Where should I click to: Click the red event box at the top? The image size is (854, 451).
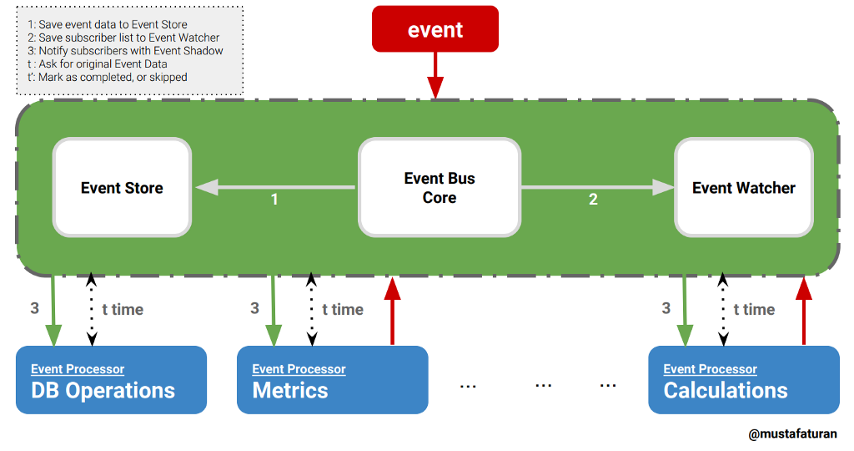(x=435, y=30)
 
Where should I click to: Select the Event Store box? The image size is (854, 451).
(x=122, y=188)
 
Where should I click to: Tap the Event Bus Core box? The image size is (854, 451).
(x=440, y=188)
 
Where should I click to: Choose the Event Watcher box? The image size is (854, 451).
(x=743, y=188)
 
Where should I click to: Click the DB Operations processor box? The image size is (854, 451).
(x=110, y=380)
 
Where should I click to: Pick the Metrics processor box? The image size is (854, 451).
(x=332, y=380)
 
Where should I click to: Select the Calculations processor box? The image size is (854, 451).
(x=743, y=380)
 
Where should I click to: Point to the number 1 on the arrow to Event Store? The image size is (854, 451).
(x=274, y=200)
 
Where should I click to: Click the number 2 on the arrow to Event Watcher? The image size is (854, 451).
(x=593, y=200)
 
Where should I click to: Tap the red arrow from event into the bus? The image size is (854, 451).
(x=435, y=77)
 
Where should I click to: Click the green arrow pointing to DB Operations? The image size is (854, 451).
(x=54, y=309)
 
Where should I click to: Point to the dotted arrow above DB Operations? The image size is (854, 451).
(x=92, y=309)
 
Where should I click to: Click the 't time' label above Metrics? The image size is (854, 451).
(x=343, y=310)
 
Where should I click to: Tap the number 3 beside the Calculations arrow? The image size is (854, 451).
(x=666, y=309)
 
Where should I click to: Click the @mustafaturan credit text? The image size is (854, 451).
(x=792, y=434)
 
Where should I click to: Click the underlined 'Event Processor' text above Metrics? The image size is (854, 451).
(x=299, y=369)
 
